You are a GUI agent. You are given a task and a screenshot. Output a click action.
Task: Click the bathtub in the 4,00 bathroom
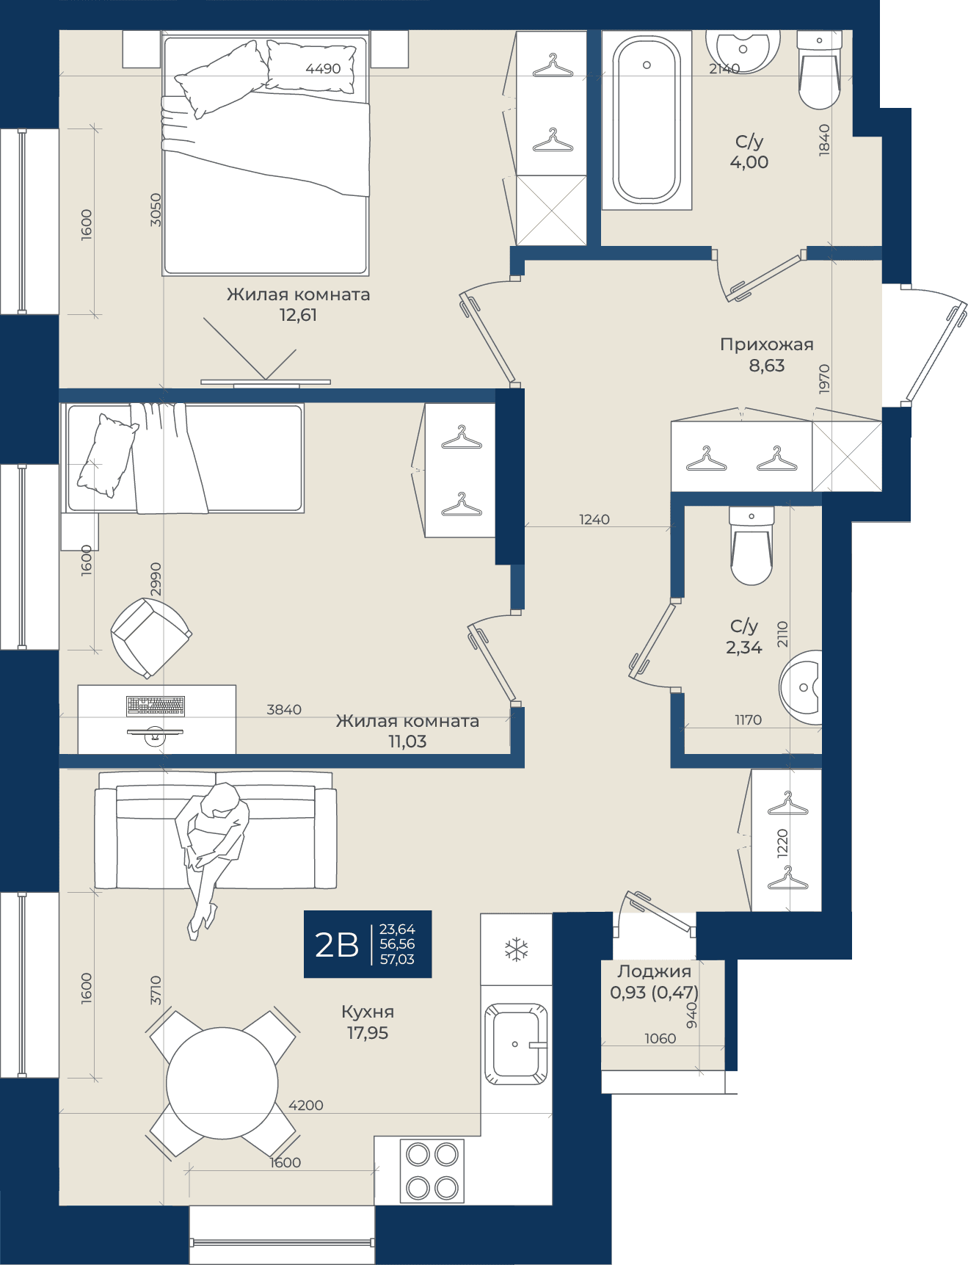click(x=647, y=120)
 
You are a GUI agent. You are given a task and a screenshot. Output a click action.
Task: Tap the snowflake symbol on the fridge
click(x=517, y=949)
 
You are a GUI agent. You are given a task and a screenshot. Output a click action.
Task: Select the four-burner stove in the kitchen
click(x=432, y=1171)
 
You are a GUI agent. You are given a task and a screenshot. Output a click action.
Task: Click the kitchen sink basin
click(x=516, y=1043)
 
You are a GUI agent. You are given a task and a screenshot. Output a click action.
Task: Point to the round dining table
click(x=222, y=1083)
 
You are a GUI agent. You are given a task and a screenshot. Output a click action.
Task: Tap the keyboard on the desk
click(x=156, y=706)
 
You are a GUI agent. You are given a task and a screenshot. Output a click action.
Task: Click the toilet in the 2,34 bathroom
click(x=752, y=545)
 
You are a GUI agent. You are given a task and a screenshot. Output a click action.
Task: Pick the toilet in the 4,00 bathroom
click(x=819, y=70)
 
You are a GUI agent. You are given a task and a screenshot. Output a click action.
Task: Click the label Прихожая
click(x=767, y=344)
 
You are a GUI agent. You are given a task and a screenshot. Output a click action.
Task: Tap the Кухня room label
click(x=368, y=1012)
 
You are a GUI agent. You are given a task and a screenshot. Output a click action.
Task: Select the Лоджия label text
click(x=655, y=971)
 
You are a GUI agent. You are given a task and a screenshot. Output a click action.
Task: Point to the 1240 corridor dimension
click(x=594, y=519)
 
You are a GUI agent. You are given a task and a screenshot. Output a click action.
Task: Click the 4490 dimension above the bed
click(x=323, y=68)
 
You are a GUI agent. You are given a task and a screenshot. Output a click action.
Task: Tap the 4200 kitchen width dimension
click(x=306, y=1105)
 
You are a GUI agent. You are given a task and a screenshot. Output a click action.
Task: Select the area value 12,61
click(x=298, y=315)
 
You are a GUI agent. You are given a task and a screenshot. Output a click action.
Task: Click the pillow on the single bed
click(x=107, y=455)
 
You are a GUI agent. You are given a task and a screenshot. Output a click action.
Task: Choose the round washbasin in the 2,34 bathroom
click(x=801, y=687)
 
